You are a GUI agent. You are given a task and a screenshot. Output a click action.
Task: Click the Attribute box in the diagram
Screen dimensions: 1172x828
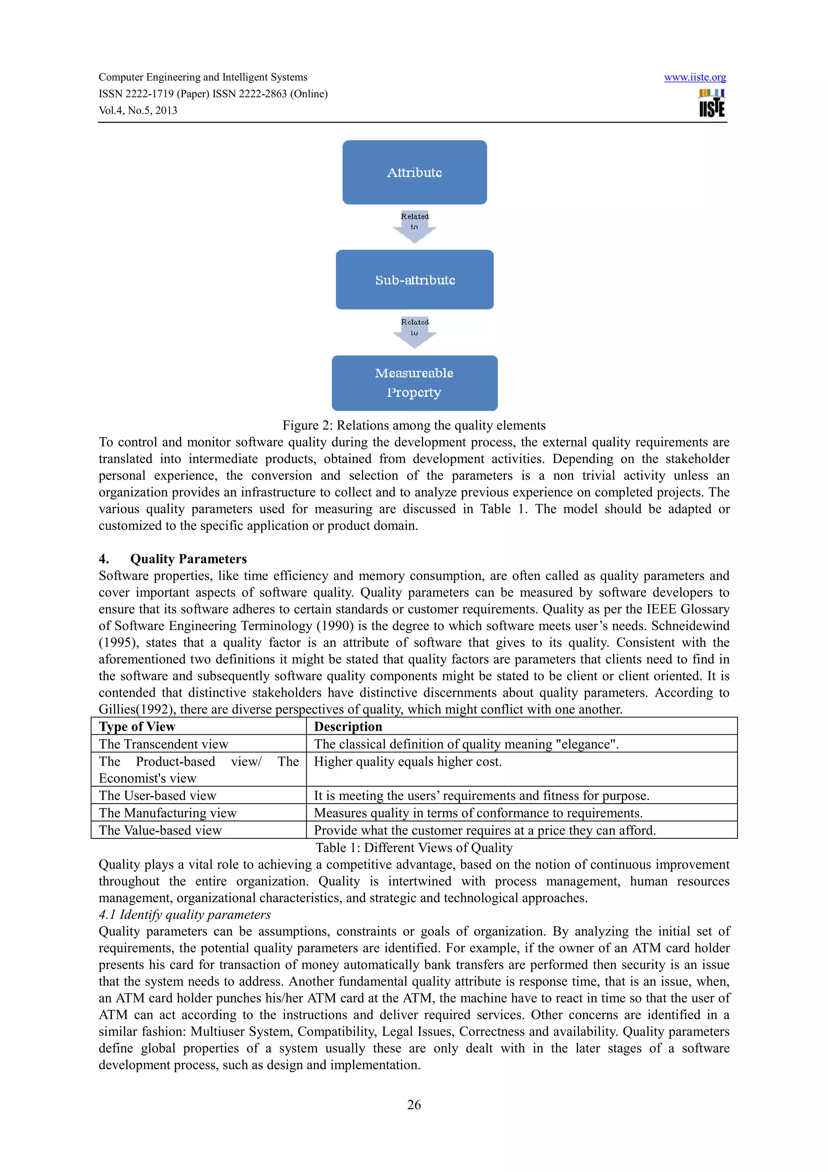414,173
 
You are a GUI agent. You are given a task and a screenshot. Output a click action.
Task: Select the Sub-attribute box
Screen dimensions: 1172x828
414,280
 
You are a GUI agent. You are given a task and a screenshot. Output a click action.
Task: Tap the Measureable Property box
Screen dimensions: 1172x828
414,383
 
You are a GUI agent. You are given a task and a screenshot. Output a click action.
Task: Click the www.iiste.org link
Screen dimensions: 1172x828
695,77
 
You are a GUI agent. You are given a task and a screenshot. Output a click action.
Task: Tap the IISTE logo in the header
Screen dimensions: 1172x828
711,103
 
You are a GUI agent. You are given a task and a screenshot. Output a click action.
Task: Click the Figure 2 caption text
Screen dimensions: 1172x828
414,425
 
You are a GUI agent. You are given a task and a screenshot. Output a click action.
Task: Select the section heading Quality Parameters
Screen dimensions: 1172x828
188,559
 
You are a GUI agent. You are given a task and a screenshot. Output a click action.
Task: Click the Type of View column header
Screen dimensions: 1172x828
137,726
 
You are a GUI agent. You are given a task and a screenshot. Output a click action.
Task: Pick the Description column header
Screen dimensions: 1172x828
348,726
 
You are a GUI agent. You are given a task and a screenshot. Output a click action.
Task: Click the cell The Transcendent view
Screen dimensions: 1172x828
164,744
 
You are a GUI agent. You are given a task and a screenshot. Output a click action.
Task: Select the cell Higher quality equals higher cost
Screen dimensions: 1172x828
408,762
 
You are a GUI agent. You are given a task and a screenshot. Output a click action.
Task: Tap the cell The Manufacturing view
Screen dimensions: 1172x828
168,812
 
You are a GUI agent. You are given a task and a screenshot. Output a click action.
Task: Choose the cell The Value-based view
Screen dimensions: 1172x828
160,830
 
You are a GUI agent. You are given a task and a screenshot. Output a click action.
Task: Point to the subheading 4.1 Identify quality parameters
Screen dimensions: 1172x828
185,914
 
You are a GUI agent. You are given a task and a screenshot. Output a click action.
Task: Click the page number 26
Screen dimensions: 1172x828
414,1104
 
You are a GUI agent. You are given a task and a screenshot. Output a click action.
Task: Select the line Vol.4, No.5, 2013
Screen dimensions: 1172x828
138,110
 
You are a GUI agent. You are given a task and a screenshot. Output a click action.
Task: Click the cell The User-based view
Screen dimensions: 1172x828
158,795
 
